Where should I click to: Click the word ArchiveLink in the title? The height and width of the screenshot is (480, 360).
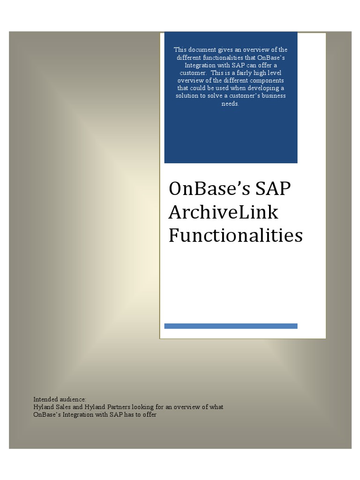(223, 212)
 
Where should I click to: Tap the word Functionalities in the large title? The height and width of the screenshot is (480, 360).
(235, 235)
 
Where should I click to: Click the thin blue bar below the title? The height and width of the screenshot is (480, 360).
(231, 326)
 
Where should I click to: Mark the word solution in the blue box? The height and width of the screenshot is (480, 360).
(187, 96)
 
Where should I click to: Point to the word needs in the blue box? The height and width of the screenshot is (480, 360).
(230, 104)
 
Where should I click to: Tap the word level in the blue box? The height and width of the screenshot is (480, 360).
(274, 73)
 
